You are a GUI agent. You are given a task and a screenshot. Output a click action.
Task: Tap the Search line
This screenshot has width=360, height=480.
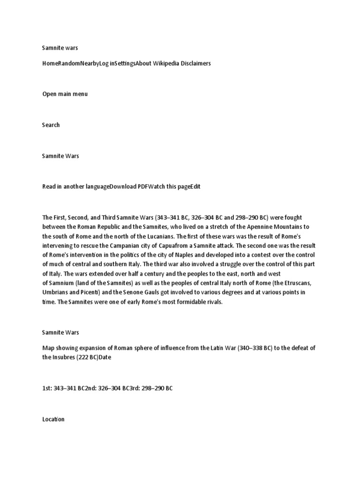pos(51,125)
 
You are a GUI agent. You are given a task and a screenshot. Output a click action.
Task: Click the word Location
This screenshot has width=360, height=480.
pos(53,419)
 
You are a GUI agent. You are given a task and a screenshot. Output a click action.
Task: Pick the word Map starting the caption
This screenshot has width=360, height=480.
pos(48,348)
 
